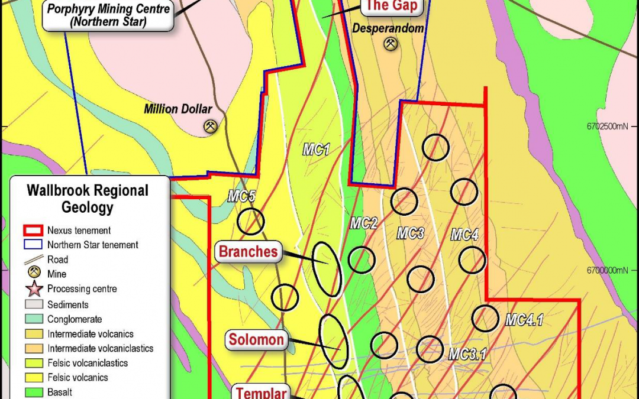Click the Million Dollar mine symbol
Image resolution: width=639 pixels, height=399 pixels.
pos(210,126)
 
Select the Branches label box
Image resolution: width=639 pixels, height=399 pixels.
pos(248,252)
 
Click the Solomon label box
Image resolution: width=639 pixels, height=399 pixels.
pos(257,340)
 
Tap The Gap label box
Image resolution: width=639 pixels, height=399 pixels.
pos(392,7)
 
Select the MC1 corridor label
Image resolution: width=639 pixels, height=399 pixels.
pos(316,150)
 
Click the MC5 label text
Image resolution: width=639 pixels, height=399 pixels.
pos(241,197)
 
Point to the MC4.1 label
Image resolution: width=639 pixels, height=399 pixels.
pos(524,320)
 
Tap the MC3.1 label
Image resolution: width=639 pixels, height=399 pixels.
pos(467,354)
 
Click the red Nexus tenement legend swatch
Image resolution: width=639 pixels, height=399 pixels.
pos(34,231)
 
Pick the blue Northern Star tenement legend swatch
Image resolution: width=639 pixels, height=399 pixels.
pos(34,245)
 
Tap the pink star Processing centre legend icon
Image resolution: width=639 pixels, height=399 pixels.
pos(34,289)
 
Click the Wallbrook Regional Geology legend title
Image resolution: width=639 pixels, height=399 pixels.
pos(88,199)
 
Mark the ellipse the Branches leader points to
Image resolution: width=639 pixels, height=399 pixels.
pos(327,269)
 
